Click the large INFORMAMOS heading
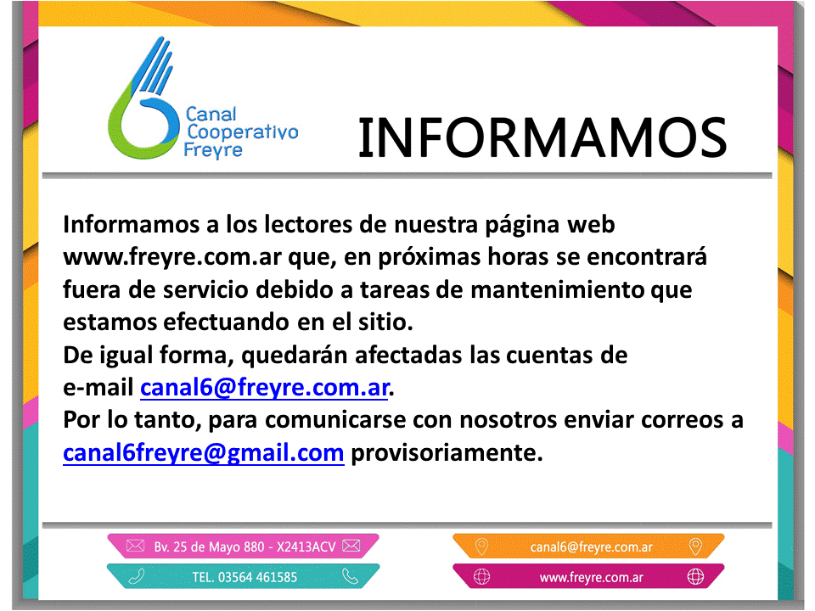pos(542,137)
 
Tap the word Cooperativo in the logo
pos(242,133)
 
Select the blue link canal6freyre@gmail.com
pos(203,452)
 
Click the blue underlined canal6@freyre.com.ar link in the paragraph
pos(265,388)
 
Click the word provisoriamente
pos(447,452)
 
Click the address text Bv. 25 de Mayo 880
pos(209,547)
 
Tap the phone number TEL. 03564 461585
pos(244,577)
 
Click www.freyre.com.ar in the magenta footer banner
pos(591,578)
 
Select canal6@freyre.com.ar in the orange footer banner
pos(591,547)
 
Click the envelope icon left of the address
pos(135,546)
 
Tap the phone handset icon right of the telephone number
pos(351,576)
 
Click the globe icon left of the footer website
pos(481,577)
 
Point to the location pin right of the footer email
pos(695,547)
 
